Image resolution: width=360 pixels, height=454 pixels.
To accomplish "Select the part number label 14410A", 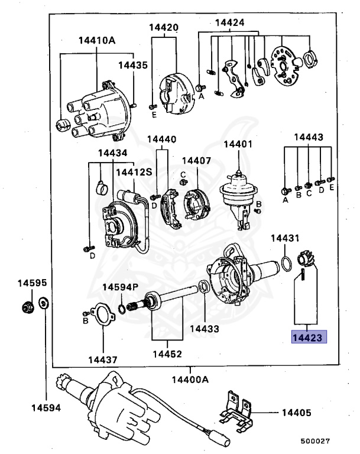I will click(96, 41).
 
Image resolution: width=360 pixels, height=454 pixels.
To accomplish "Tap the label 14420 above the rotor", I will click(164, 27).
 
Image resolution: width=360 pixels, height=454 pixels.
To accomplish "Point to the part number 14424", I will click(229, 23).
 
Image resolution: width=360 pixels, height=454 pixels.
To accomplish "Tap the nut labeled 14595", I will click(25, 307).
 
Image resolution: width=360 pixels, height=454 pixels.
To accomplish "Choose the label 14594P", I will click(120, 287).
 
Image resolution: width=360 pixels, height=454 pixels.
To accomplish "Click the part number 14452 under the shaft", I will click(167, 355).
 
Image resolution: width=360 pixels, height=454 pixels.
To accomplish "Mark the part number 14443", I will click(309, 137).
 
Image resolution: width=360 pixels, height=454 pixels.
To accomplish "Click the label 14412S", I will click(134, 172).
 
